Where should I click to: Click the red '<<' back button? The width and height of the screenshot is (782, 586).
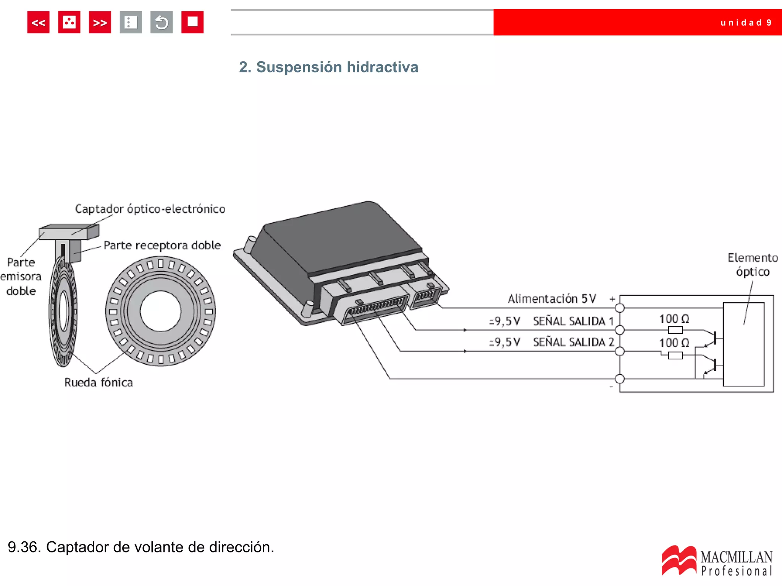pyautogui.click(x=38, y=23)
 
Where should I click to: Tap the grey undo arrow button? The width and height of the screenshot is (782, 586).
pyautogui.click(x=162, y=23)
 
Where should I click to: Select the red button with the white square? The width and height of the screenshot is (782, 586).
pyautogui.click(x=192, y=23)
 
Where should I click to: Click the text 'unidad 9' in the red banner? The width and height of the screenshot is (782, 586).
pyautogui.click(x=746, y=23)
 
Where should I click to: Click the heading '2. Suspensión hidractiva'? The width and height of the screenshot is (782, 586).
pyautogui.click(x=328, y=67)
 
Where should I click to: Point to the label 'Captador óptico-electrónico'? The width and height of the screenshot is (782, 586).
pyautogui.click(x=150, y=209)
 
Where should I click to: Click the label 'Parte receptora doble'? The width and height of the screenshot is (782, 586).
pyautogui.click(x=162, y=245)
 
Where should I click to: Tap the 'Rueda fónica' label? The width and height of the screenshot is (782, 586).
pyautogui.click(x=99, y=382)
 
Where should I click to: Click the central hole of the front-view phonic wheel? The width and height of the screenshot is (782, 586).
pyautogui.click(x=160, y=311)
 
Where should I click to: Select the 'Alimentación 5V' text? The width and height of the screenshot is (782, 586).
pyautogui.click(x=552, y=299)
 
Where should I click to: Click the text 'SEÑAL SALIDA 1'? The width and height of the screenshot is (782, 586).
pyautogui.click(x=573, y=321)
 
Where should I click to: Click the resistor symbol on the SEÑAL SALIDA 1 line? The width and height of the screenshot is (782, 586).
pyautogui.click(x=675, y=330)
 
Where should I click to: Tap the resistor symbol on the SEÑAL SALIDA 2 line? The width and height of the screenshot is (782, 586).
pyautogui.click(x=675, y=356)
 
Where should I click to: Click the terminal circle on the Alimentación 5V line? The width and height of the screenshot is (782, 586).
pyautogui.click(x=620, y=308)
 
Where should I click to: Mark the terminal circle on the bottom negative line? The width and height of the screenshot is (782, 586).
pyautogui.click(x=620, y=379)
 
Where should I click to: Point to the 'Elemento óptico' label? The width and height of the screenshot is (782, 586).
pyautogui.click(x=753, y=265)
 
